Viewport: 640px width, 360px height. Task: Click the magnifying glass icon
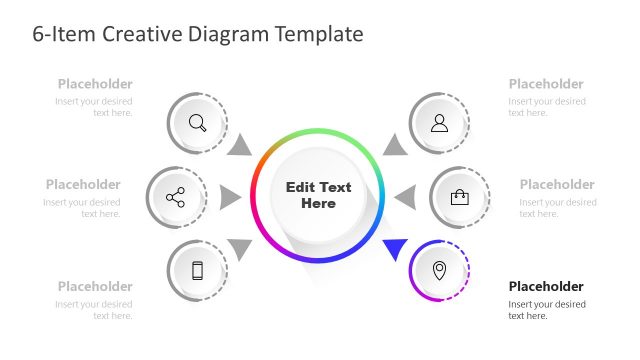(x=198, y=123)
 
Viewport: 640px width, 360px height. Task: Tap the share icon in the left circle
(x=176, y=197)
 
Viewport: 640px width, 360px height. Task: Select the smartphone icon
(x=197, y=270)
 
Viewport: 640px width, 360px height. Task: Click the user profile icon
(x=439, y=123)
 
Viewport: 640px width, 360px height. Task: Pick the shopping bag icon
(x=459, y=197)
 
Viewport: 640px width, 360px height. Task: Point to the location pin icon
(x=439, y=270)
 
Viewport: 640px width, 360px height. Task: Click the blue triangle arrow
(x=394, y=248)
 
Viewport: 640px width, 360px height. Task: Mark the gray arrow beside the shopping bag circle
(x=405, y=197)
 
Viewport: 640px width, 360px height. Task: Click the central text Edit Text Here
(x=318, y=195)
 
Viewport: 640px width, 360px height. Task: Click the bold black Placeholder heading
(x=545, y=286)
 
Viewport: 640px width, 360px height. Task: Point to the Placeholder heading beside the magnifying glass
(x=95, y=84)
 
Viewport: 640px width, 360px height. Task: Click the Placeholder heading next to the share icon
(x=83, y=184)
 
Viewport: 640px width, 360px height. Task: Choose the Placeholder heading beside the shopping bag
(x=557, y=184)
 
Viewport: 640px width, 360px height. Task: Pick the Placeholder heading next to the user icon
(x=546, y=84)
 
